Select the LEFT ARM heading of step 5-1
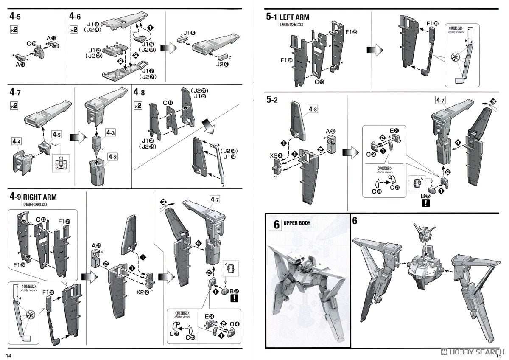click(294, 17)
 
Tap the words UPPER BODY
click(297, 223)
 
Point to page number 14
click(8, 354)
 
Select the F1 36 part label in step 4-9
click(48, 292)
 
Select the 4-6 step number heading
click(75, 17)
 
